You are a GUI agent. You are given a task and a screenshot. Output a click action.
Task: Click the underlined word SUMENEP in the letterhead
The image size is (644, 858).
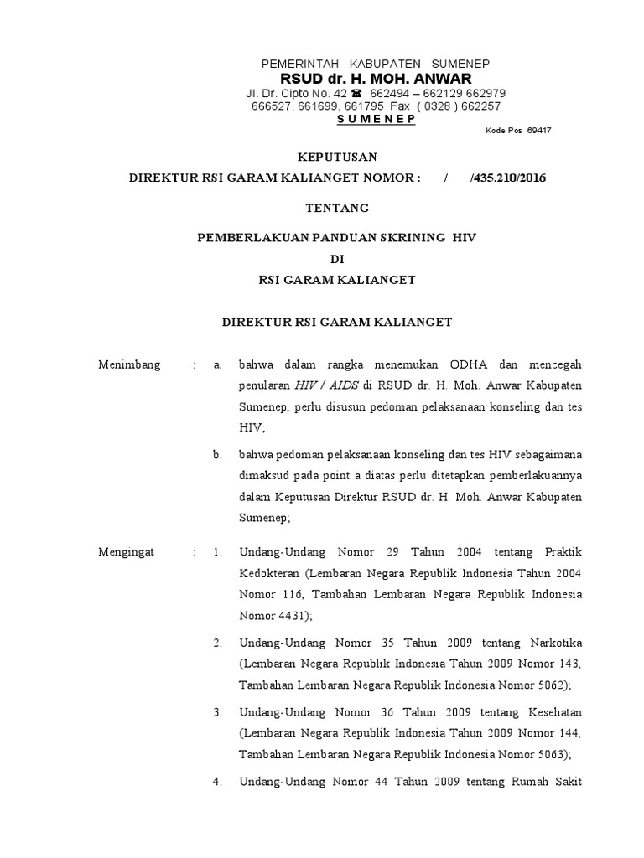(376, 119)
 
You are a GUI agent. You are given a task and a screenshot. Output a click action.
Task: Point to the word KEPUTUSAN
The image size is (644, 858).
(339, 157)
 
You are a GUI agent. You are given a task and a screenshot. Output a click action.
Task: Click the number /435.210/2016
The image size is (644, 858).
(512, 178)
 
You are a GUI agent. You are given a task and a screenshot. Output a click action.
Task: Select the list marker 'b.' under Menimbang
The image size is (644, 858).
(217, 455)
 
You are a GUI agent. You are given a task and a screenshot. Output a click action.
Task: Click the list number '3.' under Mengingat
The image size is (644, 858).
(217, 712)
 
